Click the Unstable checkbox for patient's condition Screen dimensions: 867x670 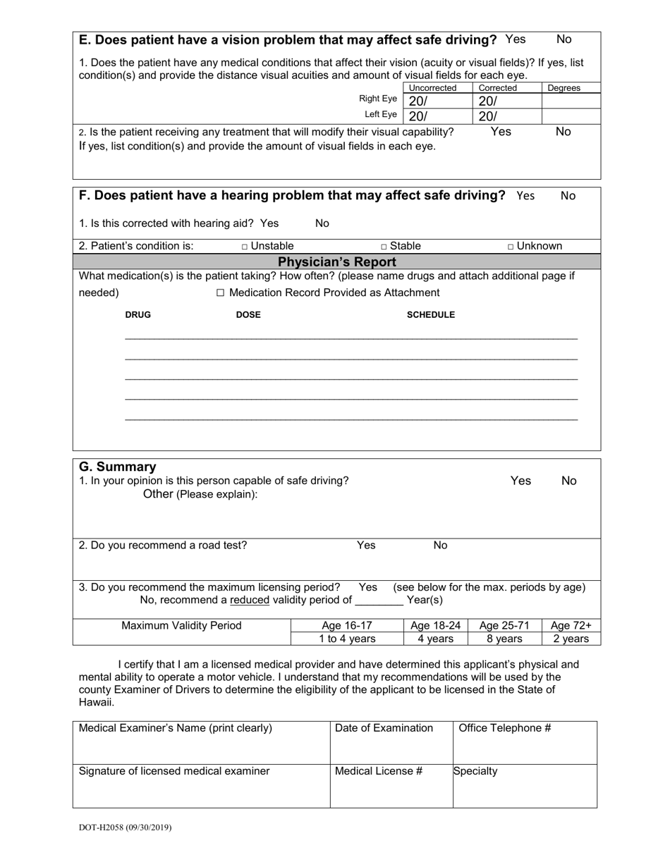click(x=245, y=247)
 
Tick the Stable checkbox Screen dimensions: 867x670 click(x=384, y=247)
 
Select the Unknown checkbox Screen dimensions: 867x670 click(x=511, y=247)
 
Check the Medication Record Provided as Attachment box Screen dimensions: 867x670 click(x=221, y=293)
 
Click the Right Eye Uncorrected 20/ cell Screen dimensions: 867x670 click(x=437, y=101)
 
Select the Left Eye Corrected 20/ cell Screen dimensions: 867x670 click(x=506, y=116)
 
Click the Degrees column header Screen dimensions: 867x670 click(x=564, y=88)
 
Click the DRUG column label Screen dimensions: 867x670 click(x=138, y=315)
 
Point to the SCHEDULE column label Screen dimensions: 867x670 click(x=430, y=315)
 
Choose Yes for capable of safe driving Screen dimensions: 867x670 click(x=520, y=481)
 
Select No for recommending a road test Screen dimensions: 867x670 click(x=440, y=546)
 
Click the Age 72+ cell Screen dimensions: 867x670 click(x=571, y=626)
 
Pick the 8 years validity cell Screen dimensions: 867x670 click(x=504, y=639)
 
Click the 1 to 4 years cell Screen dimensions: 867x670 click(x=346, y=639)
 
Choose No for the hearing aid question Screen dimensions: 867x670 click(x=322, y=223)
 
